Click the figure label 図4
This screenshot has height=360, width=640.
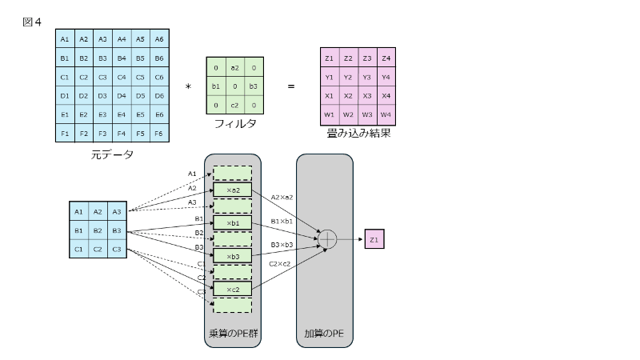pyautogui.click(x=32, y=22)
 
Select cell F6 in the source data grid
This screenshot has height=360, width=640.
pyautogui.click(x=158, y=134)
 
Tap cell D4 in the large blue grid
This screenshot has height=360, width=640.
pyautogui.click(x=121, y=96)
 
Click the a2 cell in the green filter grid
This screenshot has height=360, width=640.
pyautogui.click(x=234, y=69)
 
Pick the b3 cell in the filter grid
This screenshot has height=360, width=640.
pyautogui.click(x=253, y=86)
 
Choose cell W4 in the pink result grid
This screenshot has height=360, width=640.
pyautogui.click(x=386, y=114)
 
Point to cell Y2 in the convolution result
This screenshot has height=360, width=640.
pyautogui.click(x=348, y=78)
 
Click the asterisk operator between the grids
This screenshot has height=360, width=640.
pyautogui.click(x=188, y=86)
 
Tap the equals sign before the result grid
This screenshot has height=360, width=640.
pyautogui.click(x=290, y=86)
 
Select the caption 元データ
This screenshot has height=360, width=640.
pyautogui.click(x=111, y=154)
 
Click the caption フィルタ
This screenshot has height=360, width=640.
pyautogui.click(x=234, y=124)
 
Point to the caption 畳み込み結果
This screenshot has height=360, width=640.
pyautogui.click(x=358, y=134)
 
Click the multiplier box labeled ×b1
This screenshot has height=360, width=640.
pyautogui.click(x=232, y=222)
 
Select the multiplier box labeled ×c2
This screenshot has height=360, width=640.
pyautogui.click(x=232, y=288)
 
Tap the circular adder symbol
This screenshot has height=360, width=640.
pyautogui.click(x=328, y=238)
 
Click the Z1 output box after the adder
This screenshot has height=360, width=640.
pyautogui.click(x=374, y=238)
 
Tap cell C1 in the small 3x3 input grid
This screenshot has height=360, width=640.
pyautogui.click(x=78, y=249)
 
